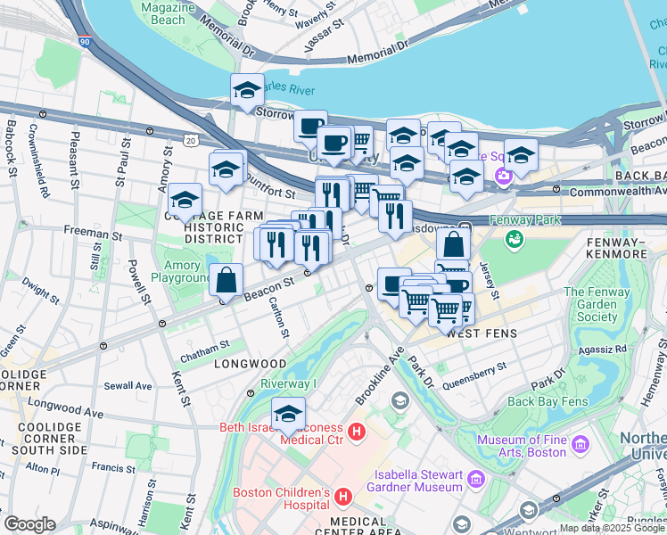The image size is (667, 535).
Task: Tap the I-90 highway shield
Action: [x=85, y=41]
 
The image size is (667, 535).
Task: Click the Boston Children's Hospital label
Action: [x=281, y=499]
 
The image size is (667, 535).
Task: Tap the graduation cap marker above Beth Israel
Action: [x=288, y=415]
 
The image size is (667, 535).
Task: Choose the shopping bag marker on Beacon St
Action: [x=227, y=280]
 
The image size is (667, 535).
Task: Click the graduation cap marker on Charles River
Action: [x=247, y=90]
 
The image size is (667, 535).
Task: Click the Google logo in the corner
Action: [x=30, y=524]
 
